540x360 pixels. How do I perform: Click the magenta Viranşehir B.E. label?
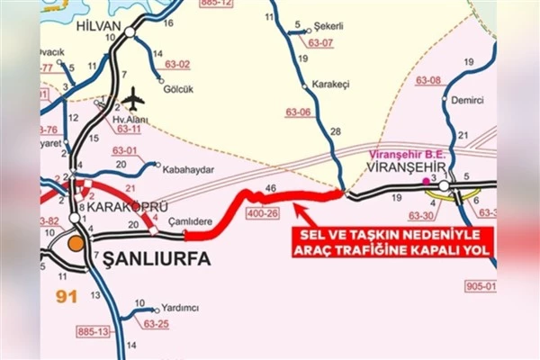(x=407, y=154)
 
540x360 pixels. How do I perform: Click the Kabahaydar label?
(x=187, y=166)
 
